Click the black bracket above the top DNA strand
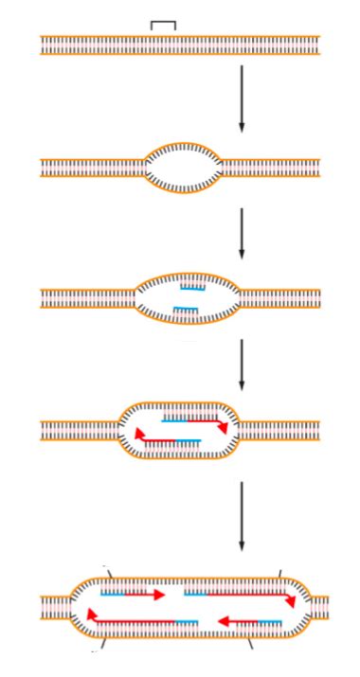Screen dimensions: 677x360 (163, 23)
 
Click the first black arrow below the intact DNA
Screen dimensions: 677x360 (242, 98)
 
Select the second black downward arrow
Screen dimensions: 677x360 (242, 233)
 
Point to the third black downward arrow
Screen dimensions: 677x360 (242, 365)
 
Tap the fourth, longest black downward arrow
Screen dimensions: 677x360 (242, 517)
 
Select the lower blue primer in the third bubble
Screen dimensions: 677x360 (186, 309)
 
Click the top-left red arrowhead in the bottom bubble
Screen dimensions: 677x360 (158, 595)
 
